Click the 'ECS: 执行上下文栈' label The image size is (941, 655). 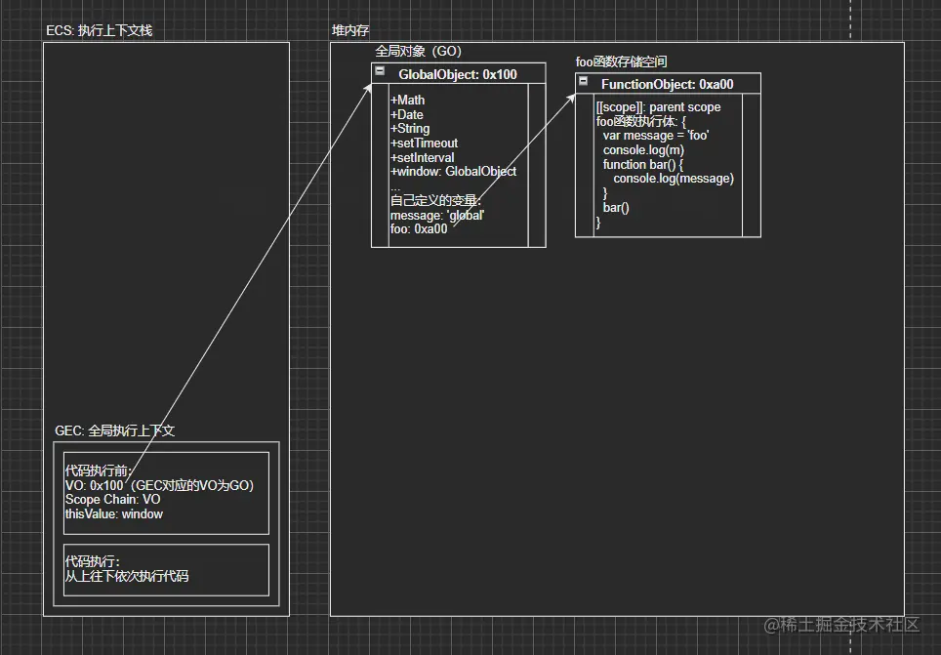(99, 30)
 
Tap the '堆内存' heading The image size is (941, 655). (349, 30)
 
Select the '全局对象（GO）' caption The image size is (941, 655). (418, 51)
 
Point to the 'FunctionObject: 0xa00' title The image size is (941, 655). (667, 85)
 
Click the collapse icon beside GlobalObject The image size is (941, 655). (380, 71)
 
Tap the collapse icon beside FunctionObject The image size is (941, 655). (583, 82)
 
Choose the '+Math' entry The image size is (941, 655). (408, 101)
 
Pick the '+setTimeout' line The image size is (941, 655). (424, 143)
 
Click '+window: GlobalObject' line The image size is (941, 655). (453, 172)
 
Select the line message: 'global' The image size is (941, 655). (436, 215)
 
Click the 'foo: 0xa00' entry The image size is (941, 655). (419, 229)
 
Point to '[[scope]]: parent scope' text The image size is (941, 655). (658, 107)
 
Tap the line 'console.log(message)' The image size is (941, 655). (673, 179)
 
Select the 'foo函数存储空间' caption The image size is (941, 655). (621, 61)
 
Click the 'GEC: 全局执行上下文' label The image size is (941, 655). (114, 430)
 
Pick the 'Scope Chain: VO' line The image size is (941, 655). (112, 500)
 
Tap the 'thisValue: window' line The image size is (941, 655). (113, 514)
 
